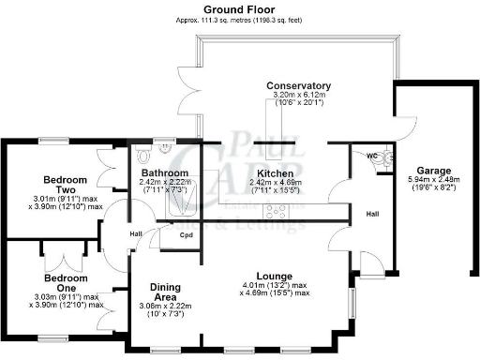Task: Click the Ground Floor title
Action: coord(239,8)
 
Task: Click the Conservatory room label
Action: coord(298,85)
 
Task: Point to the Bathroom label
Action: coord(164,173)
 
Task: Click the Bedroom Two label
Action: coord(67,179)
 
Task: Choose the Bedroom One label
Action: coord(67,278)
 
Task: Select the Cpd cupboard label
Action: coord(187,234)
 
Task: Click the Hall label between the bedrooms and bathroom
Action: coord(136,233)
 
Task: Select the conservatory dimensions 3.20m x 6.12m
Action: coord(298,95)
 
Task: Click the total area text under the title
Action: coord(239,20)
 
